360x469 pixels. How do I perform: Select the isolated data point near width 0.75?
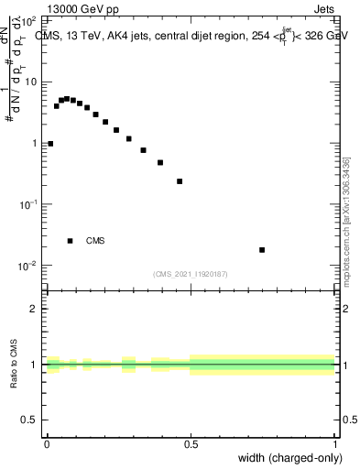coord(262,249)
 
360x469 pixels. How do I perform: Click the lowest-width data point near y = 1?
coord(50,144)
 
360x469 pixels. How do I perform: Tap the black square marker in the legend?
coord(70,241)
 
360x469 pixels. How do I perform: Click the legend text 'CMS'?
coord(95,241)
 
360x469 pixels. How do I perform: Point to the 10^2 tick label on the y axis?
coord(27,19)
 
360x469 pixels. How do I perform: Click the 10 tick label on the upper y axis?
coord(30,82)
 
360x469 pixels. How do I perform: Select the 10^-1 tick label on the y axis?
coord(27,204)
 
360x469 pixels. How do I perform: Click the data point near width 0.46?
coord(180,181)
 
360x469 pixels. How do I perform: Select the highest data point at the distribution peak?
coord(66,98)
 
